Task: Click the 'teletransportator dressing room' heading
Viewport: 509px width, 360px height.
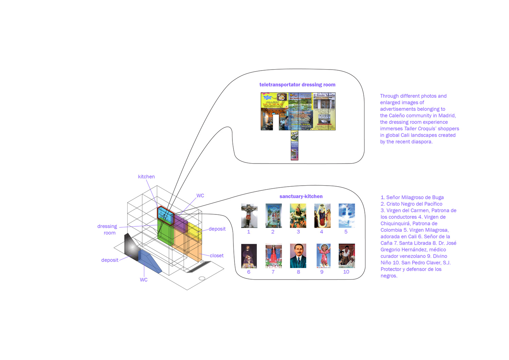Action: [297, 85]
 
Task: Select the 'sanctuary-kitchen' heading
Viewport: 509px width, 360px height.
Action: [301, 196]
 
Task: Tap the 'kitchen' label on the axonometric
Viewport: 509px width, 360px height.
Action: [146, 177]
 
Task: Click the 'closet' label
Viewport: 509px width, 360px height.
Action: [216, 255]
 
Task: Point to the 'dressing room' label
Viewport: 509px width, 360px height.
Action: [107, 229]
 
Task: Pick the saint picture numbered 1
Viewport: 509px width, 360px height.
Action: [249, 215]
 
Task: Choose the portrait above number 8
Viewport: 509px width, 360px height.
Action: [298, 256]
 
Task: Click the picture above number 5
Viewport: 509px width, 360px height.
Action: [347, 215]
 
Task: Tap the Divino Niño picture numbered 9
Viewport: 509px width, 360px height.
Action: [323, 256]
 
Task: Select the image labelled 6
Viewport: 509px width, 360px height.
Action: [249, 256]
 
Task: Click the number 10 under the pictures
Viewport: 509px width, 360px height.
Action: [346, 272]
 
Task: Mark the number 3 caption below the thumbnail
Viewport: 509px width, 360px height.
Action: [298, 232]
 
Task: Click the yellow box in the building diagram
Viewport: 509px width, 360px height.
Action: [194, 232]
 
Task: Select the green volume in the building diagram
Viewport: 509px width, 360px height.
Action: [166, 232]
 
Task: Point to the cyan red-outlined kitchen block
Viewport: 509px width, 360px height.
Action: [165, 214]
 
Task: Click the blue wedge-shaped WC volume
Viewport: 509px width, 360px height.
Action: [149, 261]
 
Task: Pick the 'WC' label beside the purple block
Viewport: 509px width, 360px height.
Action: [200, 196]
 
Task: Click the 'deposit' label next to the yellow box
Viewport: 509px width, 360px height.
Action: [217, 229]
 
